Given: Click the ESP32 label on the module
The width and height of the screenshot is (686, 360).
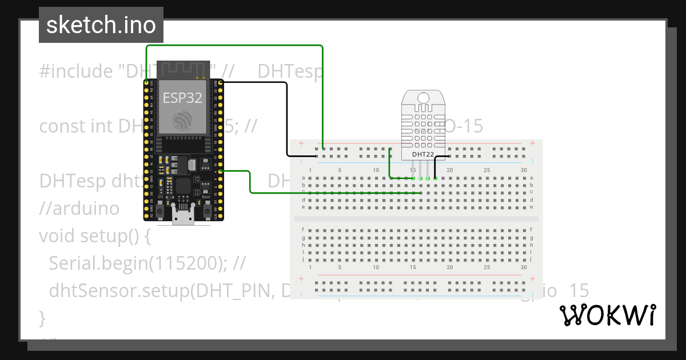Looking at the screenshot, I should (182, 98).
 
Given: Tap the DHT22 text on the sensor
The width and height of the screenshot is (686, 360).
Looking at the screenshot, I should (423, 154).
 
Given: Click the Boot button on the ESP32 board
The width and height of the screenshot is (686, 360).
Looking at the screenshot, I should (206, 211).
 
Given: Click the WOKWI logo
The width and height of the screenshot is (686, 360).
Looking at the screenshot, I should (607, 315).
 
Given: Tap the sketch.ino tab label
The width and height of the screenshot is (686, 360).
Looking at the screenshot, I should (101, 25).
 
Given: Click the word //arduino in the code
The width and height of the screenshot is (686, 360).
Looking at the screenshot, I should (79, 208).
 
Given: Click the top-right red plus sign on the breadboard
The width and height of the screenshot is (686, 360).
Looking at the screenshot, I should (532, 143).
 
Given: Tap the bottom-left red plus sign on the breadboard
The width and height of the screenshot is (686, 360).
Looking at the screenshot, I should (301, 279).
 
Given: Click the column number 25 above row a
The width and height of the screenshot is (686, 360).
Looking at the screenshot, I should (487, 170).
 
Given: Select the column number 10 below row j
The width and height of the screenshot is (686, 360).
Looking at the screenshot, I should (376, 267).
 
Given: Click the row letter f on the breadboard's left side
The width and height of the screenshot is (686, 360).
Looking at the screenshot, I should (304, 229).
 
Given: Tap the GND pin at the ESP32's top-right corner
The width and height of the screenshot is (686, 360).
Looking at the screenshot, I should (221, 83).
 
